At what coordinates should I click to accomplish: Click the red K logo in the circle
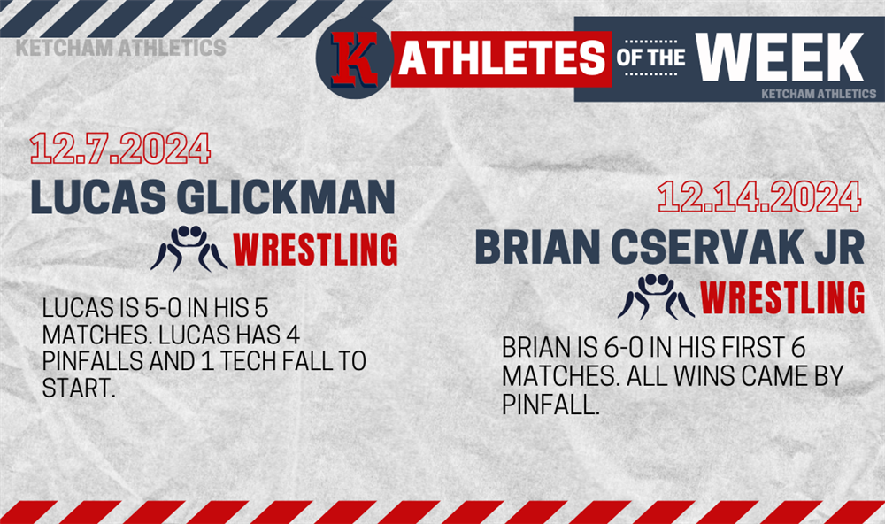pos(354,59)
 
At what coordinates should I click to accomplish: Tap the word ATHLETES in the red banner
pos(502,58)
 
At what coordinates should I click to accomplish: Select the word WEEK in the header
pos(780,57)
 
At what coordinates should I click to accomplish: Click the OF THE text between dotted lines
pos(650,58)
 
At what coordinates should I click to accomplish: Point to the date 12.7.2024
pos(120,149)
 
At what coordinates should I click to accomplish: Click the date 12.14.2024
pos(759,197)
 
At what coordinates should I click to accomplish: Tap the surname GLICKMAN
pos(286,197)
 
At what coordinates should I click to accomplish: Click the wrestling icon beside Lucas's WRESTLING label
pos(189,249)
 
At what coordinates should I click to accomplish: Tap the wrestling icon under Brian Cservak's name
pos(656,297)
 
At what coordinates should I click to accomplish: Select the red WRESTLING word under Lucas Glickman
pos(316,249)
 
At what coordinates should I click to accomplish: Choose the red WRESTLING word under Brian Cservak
pos(782,297)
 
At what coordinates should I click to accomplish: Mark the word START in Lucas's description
pos(79,388)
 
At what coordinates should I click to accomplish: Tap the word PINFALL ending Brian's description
pos(550,405)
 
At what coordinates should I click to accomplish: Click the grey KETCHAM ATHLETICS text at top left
pos(120,48)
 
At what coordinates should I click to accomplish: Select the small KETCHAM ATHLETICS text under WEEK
pos(819,94)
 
